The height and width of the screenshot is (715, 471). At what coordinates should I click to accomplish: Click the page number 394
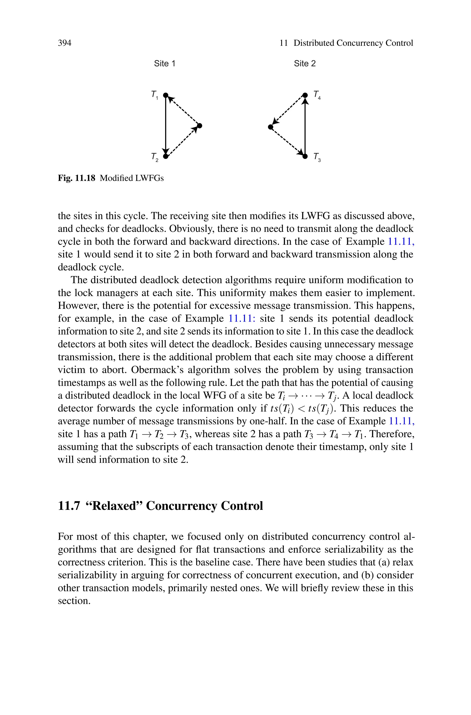point(65,43)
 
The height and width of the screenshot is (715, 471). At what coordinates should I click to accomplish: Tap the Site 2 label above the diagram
point(304,64)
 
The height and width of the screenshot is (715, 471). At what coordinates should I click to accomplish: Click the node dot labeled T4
point(305,95)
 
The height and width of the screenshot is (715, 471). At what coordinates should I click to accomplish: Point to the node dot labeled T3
point(305,156)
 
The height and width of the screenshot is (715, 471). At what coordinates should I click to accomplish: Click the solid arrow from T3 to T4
point(305,126)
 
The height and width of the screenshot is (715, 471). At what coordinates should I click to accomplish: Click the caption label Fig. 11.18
point(76,178)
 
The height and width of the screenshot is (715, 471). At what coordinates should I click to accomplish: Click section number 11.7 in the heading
point(69,506)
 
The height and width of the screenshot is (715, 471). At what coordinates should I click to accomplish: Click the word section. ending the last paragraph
point(74,601)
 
